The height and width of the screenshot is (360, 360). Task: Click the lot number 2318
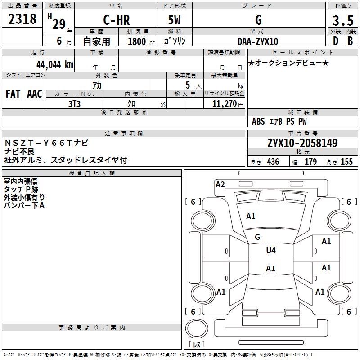[x=22, y=19]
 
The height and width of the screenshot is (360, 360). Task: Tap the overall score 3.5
[x=342, y=21]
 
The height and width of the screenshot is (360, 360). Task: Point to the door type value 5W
[x=175, y=21]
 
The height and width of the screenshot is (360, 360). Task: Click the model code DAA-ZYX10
[x=258, y=41]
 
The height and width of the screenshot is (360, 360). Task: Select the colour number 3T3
[x=75, y=103]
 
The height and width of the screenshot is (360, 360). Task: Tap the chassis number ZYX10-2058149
[x=302, y=143]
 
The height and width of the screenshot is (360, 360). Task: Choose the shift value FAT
[x=13, y=94]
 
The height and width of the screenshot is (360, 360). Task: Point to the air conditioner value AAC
[x=35, y=94]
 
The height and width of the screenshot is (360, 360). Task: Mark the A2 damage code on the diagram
[x=220, y=184]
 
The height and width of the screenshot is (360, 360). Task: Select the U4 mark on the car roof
[x=271, y=250]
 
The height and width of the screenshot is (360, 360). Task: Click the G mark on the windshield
[x=257, y=237]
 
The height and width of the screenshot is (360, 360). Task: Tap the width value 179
[x=310, y=162]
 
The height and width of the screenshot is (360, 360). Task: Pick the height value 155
[x=346, y=162]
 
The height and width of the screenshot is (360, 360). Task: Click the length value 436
[x=273, y=162]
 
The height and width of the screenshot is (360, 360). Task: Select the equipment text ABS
[x=258, y=121]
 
